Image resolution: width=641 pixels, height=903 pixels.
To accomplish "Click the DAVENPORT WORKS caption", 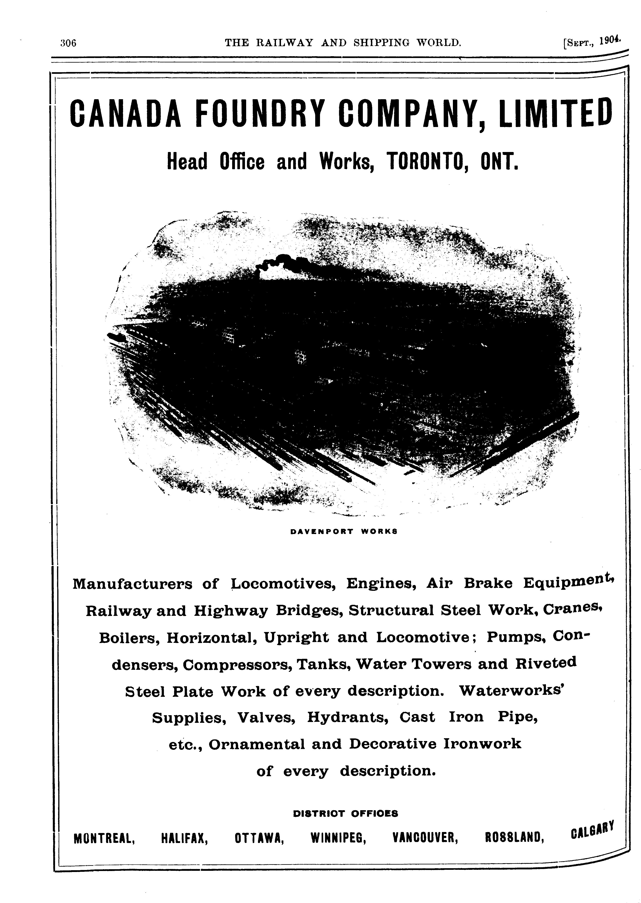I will [343, 531].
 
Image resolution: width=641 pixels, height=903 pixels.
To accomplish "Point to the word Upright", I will [296, 638].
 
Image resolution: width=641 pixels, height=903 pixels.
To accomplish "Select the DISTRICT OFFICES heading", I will [345, 813].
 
